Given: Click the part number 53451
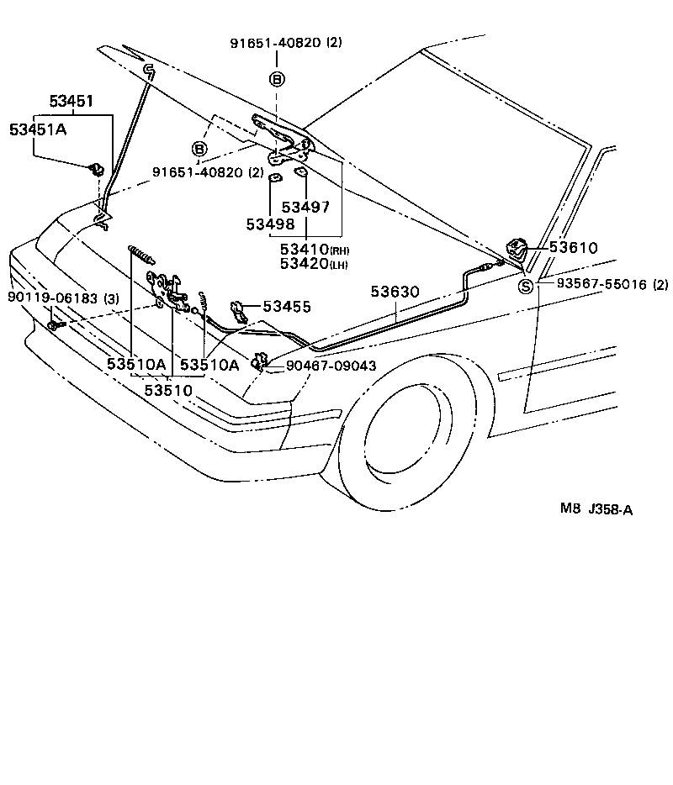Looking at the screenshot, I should tap(72, 101).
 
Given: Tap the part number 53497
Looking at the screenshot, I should tap(305, 207).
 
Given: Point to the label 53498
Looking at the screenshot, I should tap(270, 224).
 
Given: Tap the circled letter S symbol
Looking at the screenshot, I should tap(526, 286).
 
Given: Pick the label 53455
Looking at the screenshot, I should tap(286, 307).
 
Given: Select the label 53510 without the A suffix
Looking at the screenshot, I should tap(168, 390).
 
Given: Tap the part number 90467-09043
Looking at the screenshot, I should tap(331, 366).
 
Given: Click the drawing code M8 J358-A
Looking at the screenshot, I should tap(596, 508).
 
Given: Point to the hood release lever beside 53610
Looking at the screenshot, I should tap(515, 249).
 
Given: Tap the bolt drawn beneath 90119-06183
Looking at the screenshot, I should tap(55, 324).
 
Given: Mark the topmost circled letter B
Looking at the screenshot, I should tap(277, 79).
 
